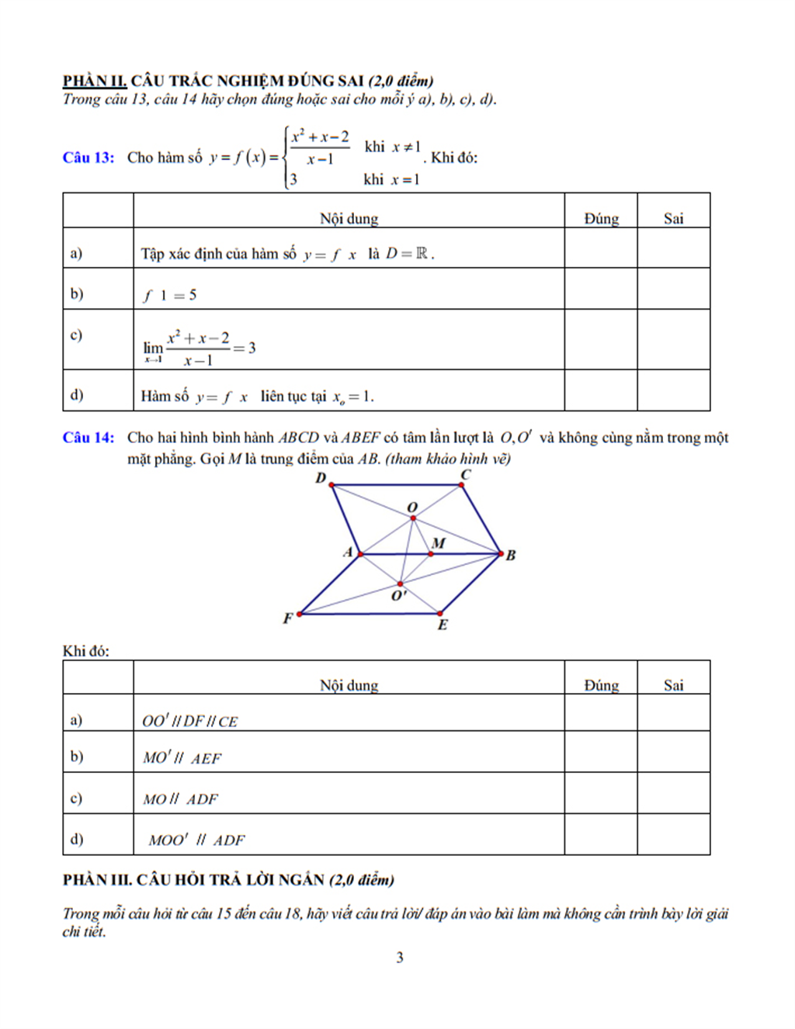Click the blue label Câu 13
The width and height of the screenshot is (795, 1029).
88,158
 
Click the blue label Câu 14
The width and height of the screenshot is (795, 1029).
88,438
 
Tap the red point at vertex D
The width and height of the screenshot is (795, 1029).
332,485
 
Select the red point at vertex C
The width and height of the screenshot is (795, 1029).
462,485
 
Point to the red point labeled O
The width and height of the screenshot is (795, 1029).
412,518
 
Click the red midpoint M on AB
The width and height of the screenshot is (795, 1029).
432,554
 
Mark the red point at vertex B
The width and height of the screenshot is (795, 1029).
501,554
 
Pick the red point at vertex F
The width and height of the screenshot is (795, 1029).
300,614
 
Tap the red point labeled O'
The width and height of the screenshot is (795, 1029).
400,584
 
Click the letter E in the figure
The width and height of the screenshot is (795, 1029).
443,625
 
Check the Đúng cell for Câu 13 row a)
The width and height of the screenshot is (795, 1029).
600,248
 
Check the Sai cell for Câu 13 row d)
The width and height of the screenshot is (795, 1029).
673,390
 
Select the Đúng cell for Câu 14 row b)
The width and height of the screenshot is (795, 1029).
600,752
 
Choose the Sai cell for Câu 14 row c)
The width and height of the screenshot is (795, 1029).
673,793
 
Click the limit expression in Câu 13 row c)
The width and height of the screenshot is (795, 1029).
199,348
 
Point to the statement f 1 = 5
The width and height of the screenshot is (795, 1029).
170,296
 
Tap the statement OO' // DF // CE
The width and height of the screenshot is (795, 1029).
189,721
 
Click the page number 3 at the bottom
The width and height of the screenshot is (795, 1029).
400,958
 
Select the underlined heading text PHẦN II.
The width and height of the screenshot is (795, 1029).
95,81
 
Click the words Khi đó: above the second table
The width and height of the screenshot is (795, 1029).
85,651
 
